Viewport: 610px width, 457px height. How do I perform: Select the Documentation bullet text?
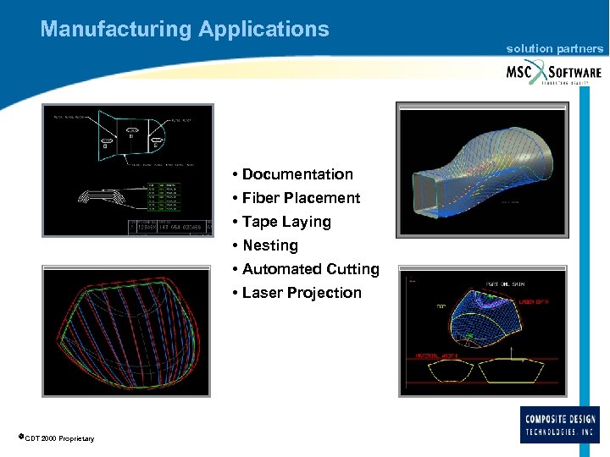click(x=297, y=174)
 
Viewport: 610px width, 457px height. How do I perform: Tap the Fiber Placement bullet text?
click(x=301, y=198)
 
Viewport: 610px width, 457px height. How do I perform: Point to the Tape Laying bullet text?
click(x=286, y=222)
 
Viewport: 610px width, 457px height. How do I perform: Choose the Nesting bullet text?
click(x=270, y=245)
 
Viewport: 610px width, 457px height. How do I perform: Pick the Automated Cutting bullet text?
click(x=310, y=269)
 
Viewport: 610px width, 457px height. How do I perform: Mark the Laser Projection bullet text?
click(x=302, y=293)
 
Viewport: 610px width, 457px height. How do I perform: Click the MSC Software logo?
click(x=553, y=72)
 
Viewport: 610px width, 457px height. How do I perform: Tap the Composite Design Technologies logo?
click(x=560, y=424)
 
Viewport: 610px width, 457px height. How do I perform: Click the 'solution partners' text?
click(x=555, y=49)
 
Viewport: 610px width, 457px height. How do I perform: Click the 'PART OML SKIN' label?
click(x=506, y=284)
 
